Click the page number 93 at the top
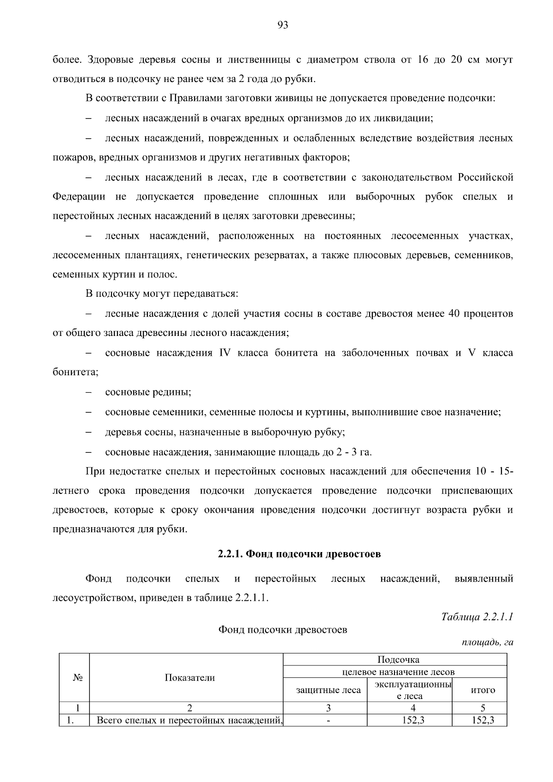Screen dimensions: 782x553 283,25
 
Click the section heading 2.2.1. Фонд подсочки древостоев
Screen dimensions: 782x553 299,553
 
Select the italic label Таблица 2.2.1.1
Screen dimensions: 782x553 477,617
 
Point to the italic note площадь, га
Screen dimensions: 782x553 488,642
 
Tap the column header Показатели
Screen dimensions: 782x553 190,677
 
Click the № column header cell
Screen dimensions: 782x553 77,677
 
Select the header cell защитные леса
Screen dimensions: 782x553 328,690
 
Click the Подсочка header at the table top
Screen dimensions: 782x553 398,659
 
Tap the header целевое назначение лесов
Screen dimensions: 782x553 398,672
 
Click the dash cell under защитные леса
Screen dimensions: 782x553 328,721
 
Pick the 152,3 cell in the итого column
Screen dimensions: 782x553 482,720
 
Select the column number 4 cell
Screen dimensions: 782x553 413,708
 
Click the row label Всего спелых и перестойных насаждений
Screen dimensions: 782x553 189,720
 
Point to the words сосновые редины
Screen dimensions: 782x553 148,392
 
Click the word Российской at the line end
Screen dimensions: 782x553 485,177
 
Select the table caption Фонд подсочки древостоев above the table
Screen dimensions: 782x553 282,629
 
